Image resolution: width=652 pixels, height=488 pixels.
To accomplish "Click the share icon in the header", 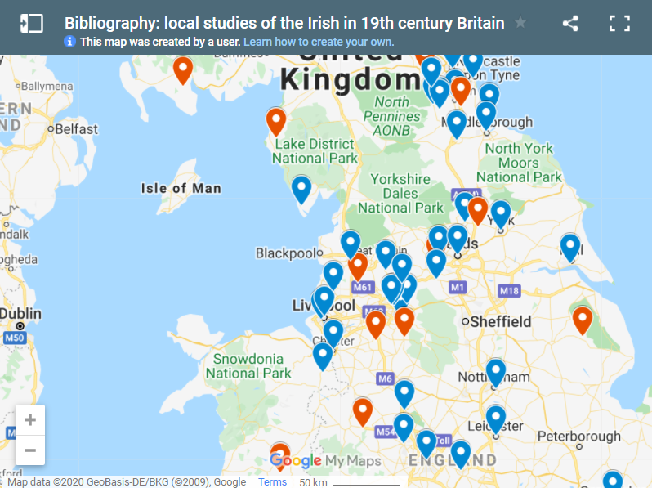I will [x=570, y=24].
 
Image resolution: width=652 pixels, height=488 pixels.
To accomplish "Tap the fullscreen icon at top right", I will [x=619, y=24].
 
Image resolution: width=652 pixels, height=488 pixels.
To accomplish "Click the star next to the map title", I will [x=520, y=23].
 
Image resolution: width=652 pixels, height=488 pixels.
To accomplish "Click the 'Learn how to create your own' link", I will [x=319, y=42].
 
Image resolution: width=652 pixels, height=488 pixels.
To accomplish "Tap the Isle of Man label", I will [x=181, y=188].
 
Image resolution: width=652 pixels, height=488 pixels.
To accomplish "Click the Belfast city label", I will [x=76, y=129].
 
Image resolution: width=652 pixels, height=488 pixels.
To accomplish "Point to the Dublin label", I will [x=20, y=313].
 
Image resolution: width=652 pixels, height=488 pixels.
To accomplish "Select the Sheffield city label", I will [x=500, y=321].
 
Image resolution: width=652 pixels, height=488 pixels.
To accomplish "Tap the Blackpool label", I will [x=285, y=253].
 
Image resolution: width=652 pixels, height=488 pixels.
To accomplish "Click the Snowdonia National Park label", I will [x=248, y=366].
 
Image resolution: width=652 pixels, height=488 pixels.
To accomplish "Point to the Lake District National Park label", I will [x=315, y=151].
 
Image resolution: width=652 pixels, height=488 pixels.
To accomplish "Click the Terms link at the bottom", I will [x=272, y=481].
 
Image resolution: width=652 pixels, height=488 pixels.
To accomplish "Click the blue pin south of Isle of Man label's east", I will [x=301, y=190].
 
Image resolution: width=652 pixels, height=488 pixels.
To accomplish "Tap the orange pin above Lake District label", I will [x=276, y=122].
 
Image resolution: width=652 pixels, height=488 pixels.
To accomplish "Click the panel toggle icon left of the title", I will [x=31, y=24].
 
